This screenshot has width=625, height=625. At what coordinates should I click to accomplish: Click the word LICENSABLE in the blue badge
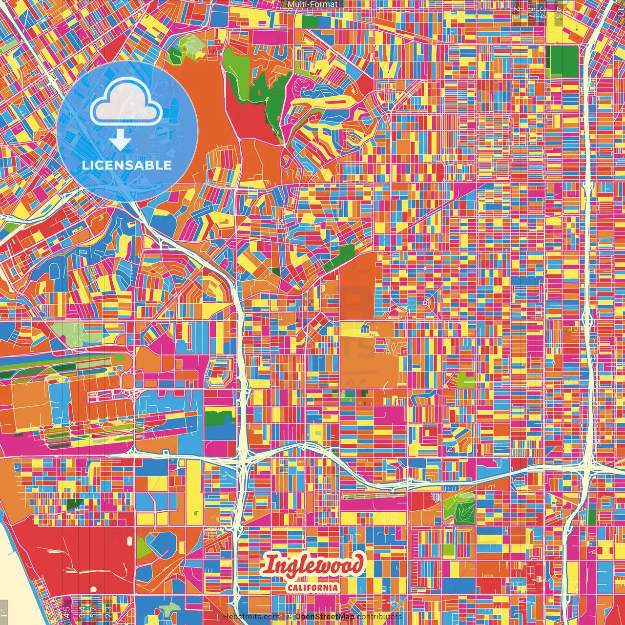coord(127,165)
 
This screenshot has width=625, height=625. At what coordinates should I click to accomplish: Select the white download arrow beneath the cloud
coord(120,141)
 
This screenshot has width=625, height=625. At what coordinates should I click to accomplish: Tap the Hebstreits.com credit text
coord(251,617)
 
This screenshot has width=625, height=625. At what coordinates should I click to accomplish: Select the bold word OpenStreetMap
coord(325,617)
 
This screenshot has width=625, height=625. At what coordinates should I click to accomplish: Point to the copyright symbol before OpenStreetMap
coord(290,617)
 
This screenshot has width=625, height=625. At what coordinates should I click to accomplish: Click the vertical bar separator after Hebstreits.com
coord(283,617)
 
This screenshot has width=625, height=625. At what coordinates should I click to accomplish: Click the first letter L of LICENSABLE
coord(85,165)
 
